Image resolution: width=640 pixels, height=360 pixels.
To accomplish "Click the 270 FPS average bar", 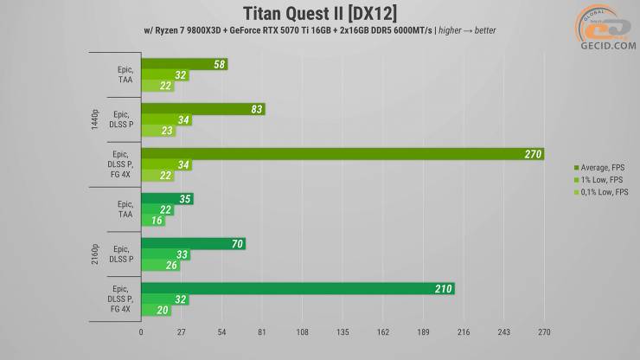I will tap(342, 154).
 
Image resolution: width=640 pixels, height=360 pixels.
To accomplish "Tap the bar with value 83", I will tap(202, 109).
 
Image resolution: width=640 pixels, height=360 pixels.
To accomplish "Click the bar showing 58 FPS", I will tap(183, 64).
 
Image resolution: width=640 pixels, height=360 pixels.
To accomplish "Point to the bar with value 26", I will tap(161, 265).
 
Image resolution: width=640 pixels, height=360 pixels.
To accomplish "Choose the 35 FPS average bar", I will tap(167, 199).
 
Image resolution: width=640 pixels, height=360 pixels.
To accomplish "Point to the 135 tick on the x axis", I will tap(342, 331).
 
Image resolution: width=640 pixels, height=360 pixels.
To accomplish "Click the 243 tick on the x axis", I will tap(504, 331).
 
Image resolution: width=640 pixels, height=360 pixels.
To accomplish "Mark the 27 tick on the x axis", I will tap(181, 331).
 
